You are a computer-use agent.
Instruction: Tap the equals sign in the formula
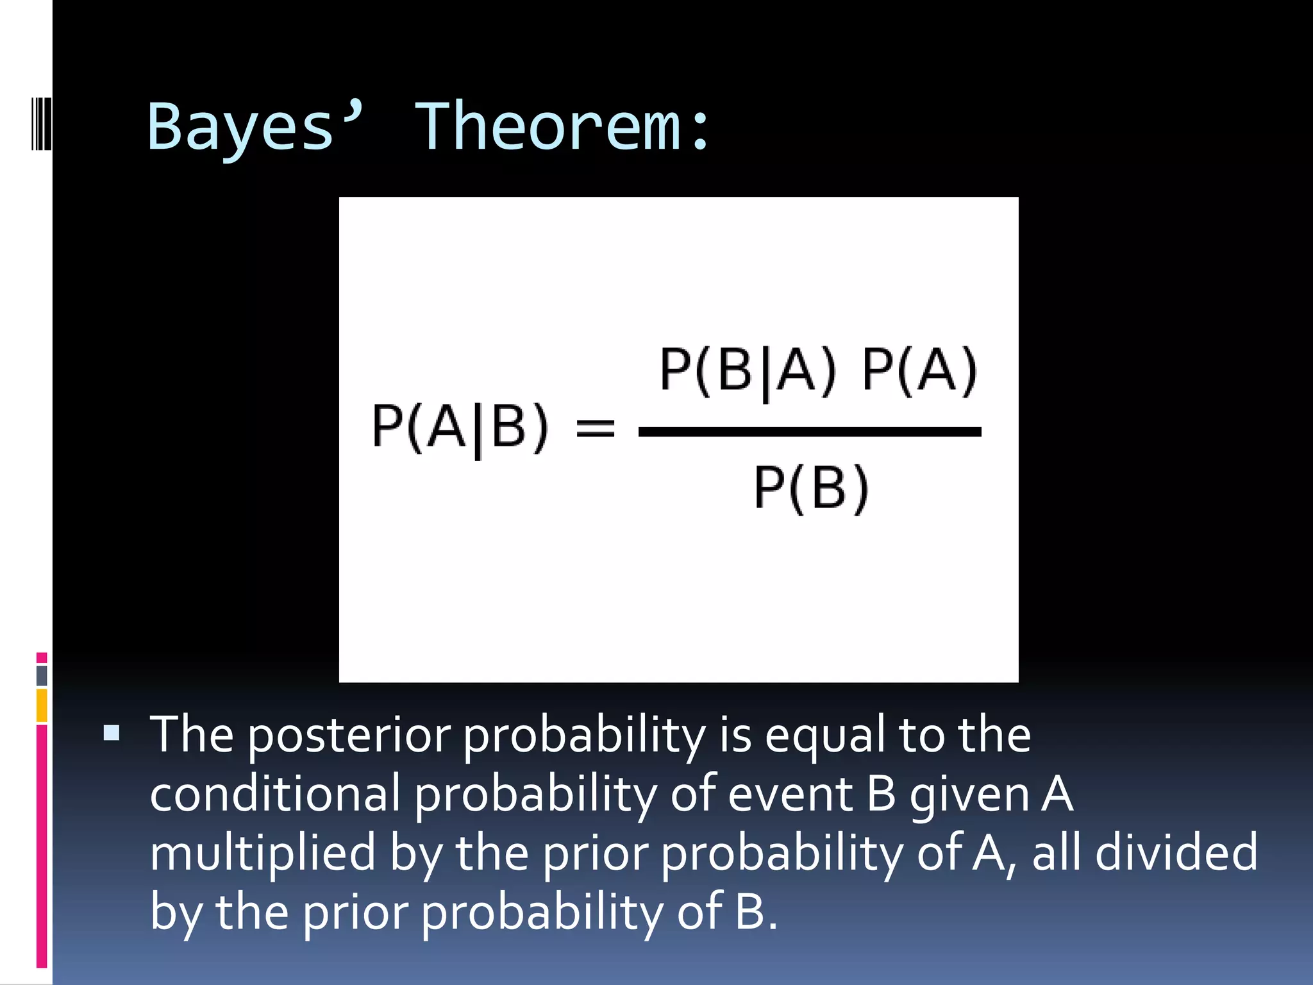pos(595,428)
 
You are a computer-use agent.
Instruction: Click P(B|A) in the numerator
pos(748,370)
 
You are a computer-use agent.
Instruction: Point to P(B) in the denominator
pos(811,489)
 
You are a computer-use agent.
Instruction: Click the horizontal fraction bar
pos(809,432)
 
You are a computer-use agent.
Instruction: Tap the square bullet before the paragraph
pos(112,732)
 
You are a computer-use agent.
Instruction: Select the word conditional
pos(274,794)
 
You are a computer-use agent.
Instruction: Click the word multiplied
pos(262,853)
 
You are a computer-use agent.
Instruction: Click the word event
pos(790,794)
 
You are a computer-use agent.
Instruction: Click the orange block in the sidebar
pos(42,705)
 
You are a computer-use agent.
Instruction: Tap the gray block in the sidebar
pos(42,675)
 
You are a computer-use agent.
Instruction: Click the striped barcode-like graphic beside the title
pos(41,122)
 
